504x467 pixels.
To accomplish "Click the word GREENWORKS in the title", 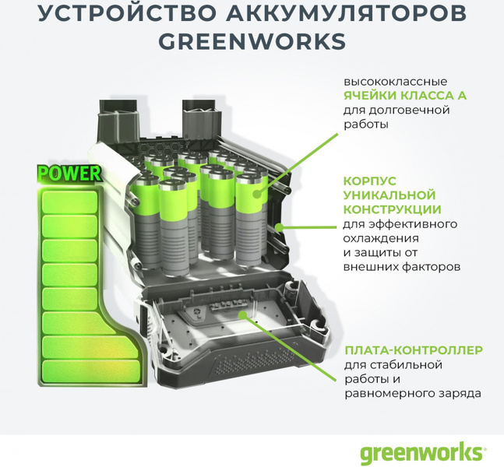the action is click(252, 41).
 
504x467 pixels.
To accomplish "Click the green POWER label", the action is click(69, 174).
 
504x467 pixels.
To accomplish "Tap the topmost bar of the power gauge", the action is click(70, 202).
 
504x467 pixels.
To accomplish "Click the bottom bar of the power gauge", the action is click(91, 371).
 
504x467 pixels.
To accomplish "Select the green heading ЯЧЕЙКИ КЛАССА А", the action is click(405, 96).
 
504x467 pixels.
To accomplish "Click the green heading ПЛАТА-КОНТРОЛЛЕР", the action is click(414, 350).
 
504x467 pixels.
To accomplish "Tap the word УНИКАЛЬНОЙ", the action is click(389, 195).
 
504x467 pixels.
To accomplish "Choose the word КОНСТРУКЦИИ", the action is click(393, 209).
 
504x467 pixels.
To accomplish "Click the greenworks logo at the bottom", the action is click(421, 452).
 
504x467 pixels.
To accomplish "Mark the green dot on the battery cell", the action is click(256, 194).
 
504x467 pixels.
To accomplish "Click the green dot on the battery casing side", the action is click(280, 227).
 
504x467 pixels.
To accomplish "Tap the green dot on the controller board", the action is click(243, 314).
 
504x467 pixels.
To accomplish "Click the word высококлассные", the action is click(396, 82).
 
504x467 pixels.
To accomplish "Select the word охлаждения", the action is click(381, 239).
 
